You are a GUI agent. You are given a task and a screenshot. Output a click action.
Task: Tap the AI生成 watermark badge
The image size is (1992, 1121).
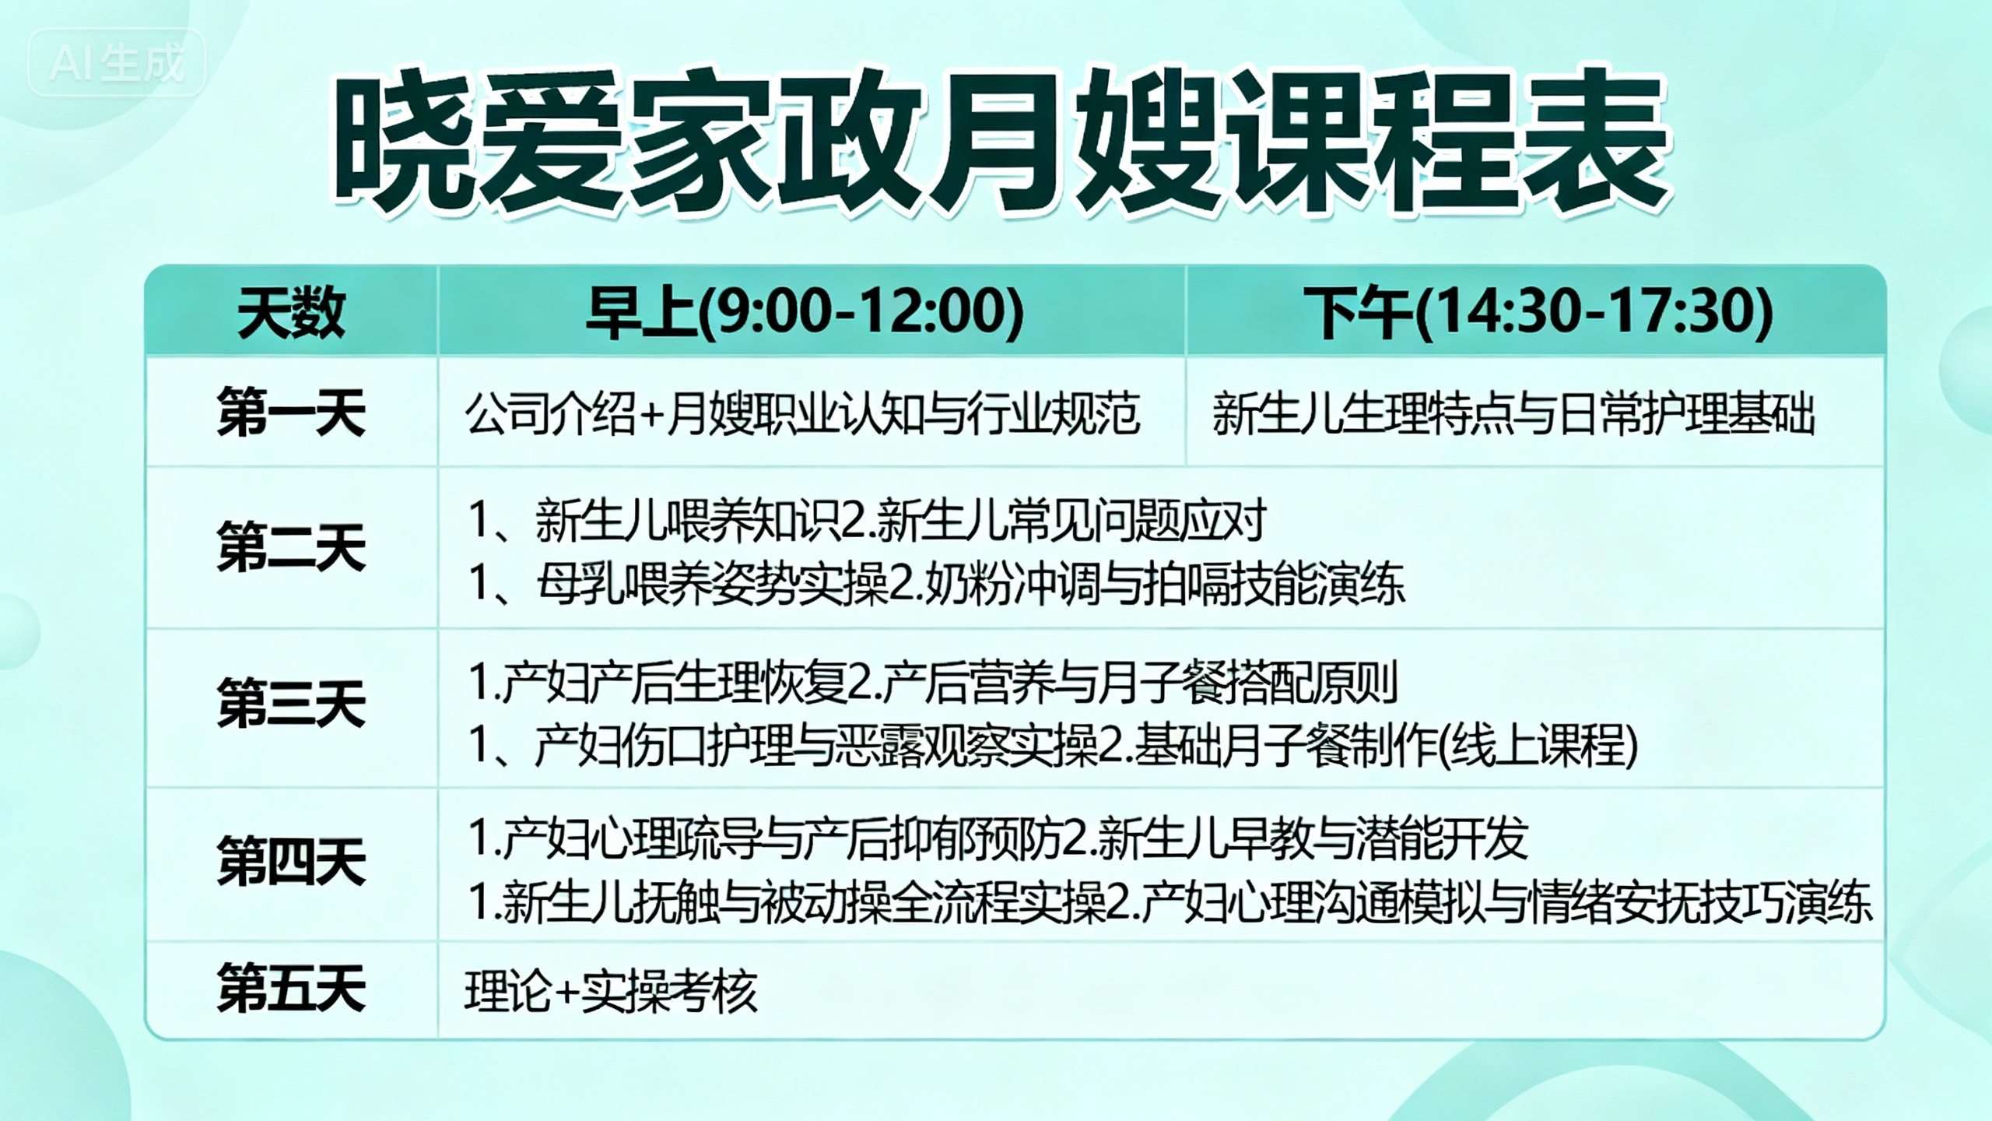[117, 62]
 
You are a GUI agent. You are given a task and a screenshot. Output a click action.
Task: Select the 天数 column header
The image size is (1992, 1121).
[291, 312]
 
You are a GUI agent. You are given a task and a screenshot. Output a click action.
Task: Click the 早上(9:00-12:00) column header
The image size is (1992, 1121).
[805, 312]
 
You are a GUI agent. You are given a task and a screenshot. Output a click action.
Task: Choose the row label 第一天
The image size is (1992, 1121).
[291, 412]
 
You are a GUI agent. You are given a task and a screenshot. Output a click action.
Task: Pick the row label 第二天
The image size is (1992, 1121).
[291, 548]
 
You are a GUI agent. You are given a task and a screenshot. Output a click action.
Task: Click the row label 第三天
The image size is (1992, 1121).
[291, 704]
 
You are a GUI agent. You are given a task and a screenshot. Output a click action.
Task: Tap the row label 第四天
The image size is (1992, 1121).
[291, 862]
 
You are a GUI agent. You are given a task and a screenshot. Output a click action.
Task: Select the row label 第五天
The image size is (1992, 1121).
[291, 989]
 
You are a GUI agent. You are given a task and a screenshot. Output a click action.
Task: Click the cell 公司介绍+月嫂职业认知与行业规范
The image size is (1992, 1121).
[802, 413]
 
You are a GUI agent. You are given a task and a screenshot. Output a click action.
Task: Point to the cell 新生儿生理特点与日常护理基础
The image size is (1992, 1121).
[1513, 413]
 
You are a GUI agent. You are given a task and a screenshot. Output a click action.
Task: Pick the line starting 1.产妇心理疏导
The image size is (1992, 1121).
[998, 839]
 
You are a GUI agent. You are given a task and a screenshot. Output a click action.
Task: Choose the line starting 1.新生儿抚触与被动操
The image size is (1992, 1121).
[1170, 902]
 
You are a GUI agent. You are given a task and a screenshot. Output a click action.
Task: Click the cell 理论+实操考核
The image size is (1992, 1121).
[611, 991]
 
